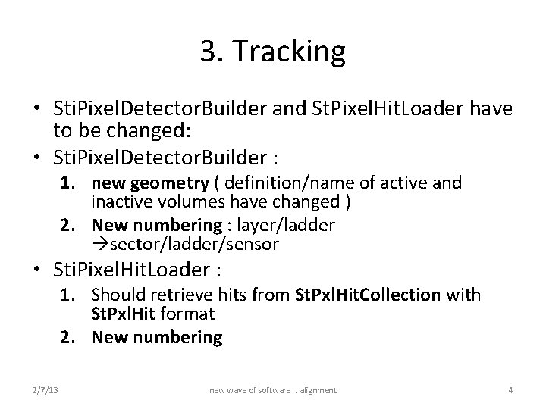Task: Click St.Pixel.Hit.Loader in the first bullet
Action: click(379, 111)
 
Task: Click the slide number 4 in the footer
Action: click(510, 389)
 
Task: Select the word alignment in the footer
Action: click(318, 389)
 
